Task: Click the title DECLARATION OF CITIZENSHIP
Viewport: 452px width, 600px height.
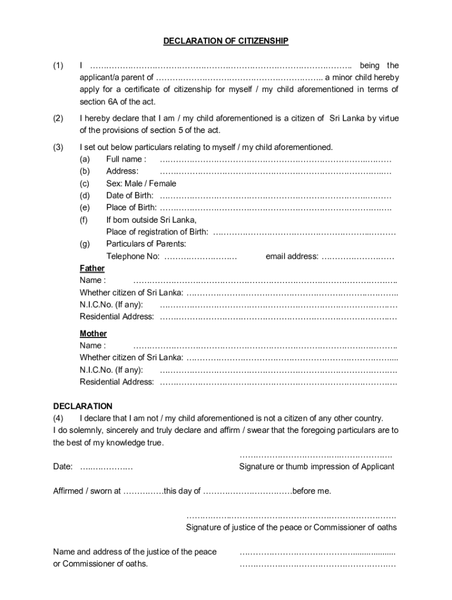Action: click(x=225, y=41)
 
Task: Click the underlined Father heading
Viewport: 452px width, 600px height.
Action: click(x=92, y=268)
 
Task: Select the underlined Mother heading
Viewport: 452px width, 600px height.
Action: click(x=93, y=333)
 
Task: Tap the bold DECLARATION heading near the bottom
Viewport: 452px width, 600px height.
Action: click(x=83, y=406)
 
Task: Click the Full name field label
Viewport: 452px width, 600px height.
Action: click(x=126, y=159)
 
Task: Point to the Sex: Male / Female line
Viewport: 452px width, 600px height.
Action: click(x=141, y=183)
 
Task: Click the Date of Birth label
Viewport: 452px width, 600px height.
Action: click(x=130, y=195)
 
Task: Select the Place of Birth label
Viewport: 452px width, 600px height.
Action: click(x=131, y=207)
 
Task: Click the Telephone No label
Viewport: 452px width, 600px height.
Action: click(x=133, y=256)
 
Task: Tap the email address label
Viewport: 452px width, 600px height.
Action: click(x=292, y=256)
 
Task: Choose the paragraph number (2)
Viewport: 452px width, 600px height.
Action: click(x=58, y=118)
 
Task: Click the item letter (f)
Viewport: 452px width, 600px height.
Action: click(x=85, y=220)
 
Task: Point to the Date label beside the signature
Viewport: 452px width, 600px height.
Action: click(x=63, y=466)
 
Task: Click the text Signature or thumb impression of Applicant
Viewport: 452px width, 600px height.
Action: click(x=317, y=466)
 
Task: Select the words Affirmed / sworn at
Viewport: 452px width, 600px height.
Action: click(x=87, y=491)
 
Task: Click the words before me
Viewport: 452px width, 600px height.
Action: click(x=312, y=491)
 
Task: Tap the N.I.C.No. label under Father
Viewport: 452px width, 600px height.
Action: click(x=111, y=305)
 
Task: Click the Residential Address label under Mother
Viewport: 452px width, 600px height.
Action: click(x=117, y=382)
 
